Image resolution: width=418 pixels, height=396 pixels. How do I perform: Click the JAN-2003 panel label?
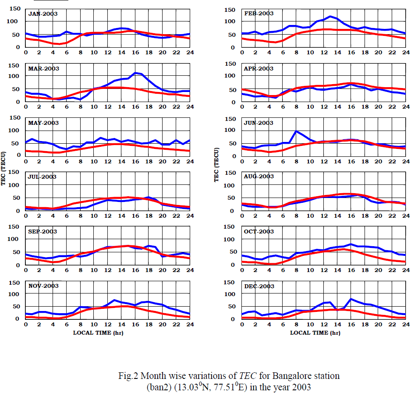pyautogui.click(x=43, y=14)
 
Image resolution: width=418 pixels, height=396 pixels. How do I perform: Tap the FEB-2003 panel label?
pyautogui.click(x=259, y=14)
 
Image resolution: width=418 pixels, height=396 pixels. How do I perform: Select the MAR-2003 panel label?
pyautogui.click(x=43, y=69)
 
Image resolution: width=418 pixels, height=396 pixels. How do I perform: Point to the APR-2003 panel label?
pyautogui.click(x=259, y=69)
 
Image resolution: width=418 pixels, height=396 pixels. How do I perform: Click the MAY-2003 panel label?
pyautogui.click(x=43, y=123)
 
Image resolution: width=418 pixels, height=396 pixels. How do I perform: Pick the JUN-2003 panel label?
pyautogui.click(x=259, y=123)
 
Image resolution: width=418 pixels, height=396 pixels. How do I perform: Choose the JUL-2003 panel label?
pyautogui.click(x=43, y=177)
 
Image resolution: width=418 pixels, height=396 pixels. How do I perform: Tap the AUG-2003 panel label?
pyautogui.click(x=259, y=177)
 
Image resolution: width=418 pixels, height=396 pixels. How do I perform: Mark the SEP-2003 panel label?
pyautogui.click(x=43, y=232)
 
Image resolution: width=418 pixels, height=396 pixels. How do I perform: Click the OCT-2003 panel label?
pyautogui.click(x=259, y=232)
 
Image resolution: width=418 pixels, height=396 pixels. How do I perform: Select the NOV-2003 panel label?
pyautogui.click(x=43, y=286)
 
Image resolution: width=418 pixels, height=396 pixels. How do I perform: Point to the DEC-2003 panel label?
pyautogui.click(x=259, y=286)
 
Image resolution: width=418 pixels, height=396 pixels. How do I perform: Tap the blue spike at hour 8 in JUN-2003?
pyautogui.click(x=297, y=131)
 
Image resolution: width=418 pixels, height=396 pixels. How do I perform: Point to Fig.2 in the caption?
pyautogui.click(x=128, y=375)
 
